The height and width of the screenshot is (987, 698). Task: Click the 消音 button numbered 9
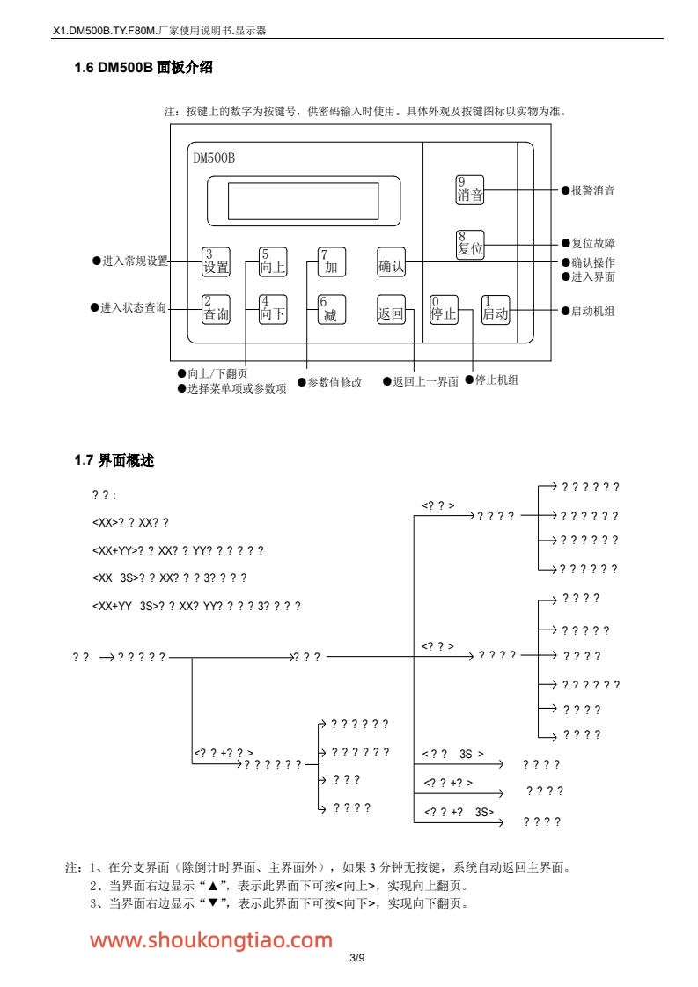coord(470,189)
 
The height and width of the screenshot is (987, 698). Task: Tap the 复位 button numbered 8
coord(470,244)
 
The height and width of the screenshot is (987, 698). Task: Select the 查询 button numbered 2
coord(216,309)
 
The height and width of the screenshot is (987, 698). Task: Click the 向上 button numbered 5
coord(273,261)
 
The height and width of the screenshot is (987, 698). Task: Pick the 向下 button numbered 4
coord(273,309)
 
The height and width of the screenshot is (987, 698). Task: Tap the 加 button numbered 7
coord(332,261)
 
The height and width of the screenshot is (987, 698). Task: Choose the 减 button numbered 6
coord(332,309)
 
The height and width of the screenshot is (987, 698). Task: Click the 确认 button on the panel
coord(391,261)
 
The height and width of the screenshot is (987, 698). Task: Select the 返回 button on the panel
coord(391,309)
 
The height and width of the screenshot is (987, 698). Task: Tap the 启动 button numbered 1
coord(496,309)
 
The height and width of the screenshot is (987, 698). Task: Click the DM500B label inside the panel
coord(214,158)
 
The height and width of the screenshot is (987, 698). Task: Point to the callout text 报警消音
coord(592,190)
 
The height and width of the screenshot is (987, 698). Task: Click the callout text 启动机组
coord(592,311)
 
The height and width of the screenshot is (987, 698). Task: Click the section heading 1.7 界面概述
coord(114,460)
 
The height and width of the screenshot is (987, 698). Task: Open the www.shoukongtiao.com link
coord(211,939)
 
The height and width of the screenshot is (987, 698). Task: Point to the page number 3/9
coord(356,957)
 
